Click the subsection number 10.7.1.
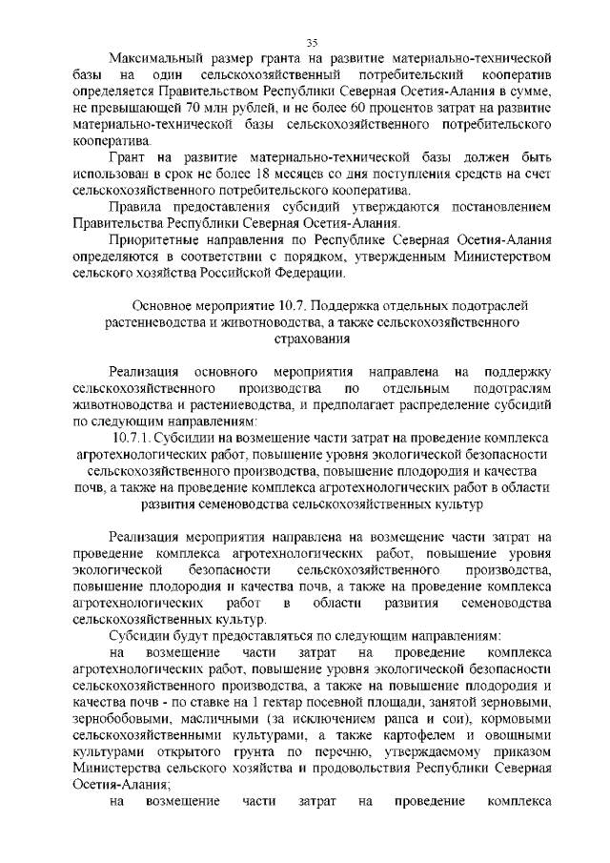(x=132, y=440)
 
